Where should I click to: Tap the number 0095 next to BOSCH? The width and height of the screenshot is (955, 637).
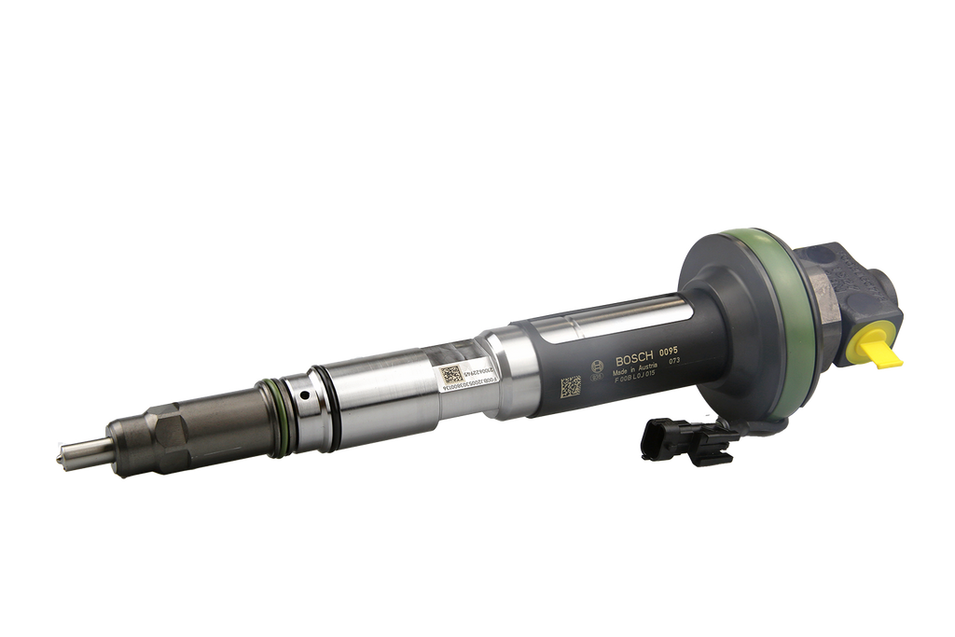click(670, 353)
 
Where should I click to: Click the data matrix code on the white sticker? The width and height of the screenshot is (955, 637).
click(450, 375)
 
